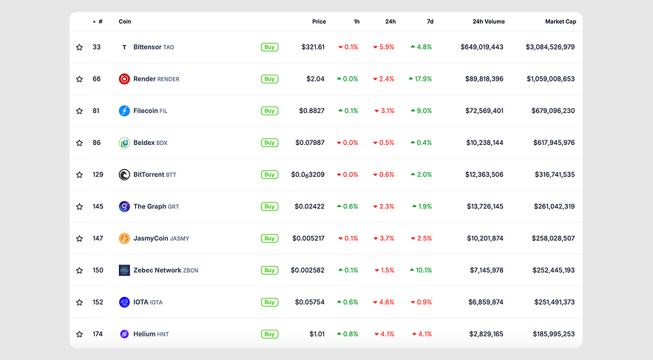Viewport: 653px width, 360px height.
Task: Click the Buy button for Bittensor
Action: pos(269,47)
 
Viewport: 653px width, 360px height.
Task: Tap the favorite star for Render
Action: pos(79,79)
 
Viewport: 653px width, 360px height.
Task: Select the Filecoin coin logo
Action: pos(124,111)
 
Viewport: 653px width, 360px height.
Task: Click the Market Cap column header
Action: pos(560,21)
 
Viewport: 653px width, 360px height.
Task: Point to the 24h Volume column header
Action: pos(488,21)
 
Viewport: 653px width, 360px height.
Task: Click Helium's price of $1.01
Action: pos(317,334)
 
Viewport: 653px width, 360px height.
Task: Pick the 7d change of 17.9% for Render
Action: pos(421,79)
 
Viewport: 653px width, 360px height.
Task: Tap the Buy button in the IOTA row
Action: pos(269,302)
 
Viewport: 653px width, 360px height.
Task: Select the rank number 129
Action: pos(97,174)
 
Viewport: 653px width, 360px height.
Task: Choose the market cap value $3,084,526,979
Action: pos(549,47)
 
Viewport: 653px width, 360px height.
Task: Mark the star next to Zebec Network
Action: pos(79,271)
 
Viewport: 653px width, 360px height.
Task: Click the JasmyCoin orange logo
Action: pos(124,239)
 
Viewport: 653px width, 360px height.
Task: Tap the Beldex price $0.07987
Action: pos(310,143)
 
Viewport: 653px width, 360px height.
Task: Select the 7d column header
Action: pos(429,21)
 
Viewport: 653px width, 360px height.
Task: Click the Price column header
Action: pos(319,21)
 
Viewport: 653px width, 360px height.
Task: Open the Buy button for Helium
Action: pos(269,334)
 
